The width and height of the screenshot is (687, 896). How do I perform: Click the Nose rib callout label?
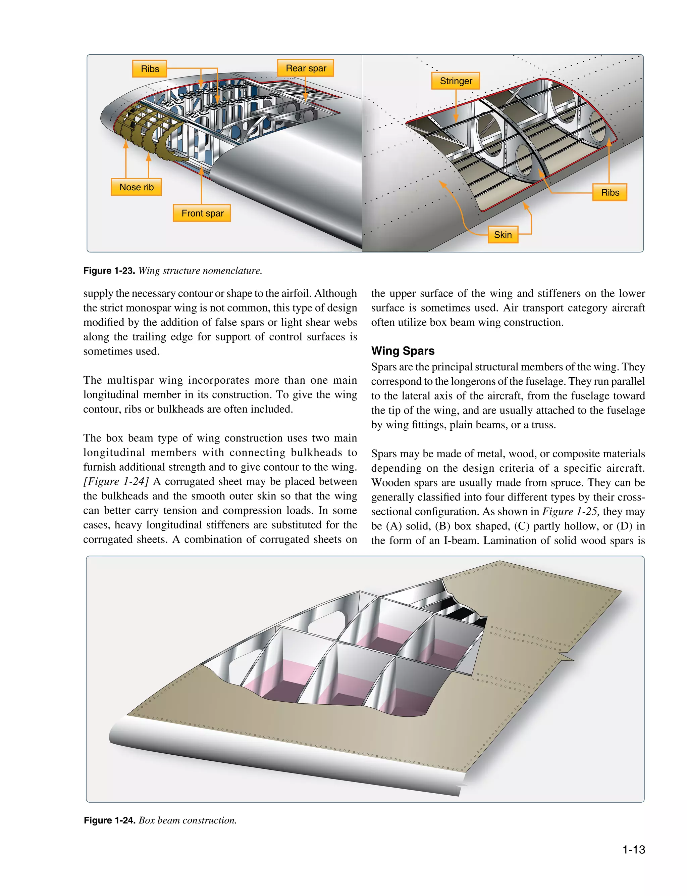pyautogui.click(x=136, y=187)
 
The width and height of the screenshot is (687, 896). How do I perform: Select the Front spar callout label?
pyautogui.click(x=202, y=213)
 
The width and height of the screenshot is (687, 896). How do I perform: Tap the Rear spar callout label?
pyautogui.click(x=306, y=68)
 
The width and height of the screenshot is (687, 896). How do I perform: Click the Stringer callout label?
pyautogui.click(x=456, y=81)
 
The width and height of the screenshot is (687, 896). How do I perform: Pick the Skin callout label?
pyautogui.click(x=503, y=234)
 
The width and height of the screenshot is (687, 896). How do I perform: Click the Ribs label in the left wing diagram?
pyautogui.click(x=150, y=69)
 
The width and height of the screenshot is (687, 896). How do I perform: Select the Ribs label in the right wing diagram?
pyautogui.click(x=610, y=192)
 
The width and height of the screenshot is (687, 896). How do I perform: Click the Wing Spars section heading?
pyautogui.click(x=403, y=350)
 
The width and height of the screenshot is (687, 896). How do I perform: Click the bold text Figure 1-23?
pyautogui.click(x=109, y=271)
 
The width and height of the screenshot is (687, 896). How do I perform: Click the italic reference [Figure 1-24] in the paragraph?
pyautogui.click(x=116, y=481)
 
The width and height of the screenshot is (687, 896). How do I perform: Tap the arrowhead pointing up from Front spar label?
pyautogui.click(x=202, y=170)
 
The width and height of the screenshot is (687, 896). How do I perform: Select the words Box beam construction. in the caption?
pyautogui.click(x=188, y=820)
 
